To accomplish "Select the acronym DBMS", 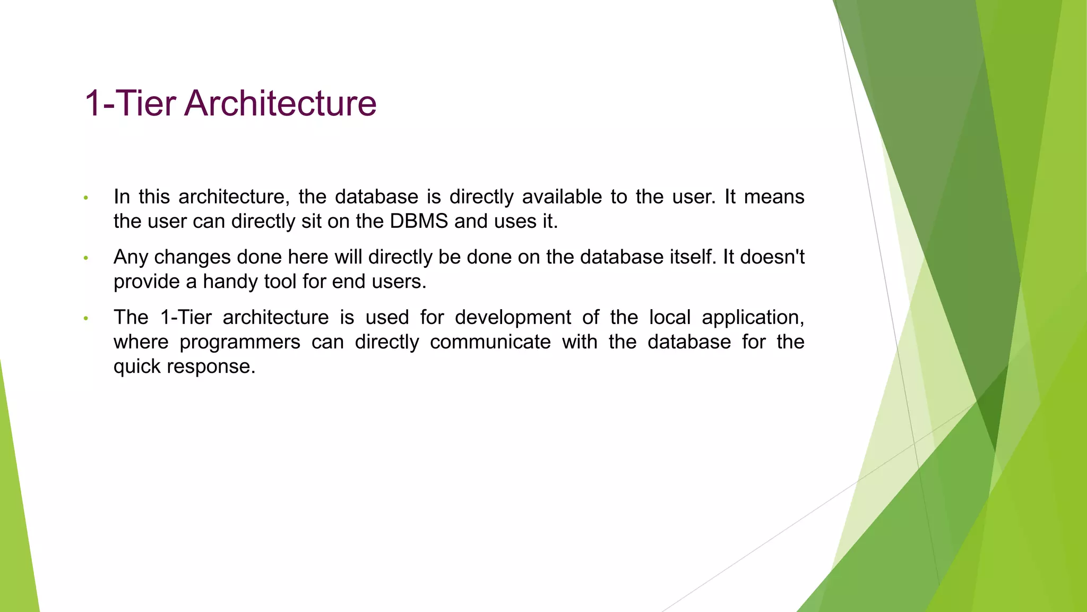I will point(419,221).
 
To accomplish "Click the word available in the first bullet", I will point(562,197).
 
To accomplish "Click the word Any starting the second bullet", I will point(131,257).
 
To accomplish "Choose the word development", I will point(513,317).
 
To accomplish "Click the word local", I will point(670,317).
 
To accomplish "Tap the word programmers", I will point(240,342).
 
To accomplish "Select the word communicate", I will point(490,342).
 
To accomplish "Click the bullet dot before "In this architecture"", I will point(85,198).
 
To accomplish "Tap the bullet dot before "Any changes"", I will point(85,258).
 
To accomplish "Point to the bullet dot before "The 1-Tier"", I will point(85,319).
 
